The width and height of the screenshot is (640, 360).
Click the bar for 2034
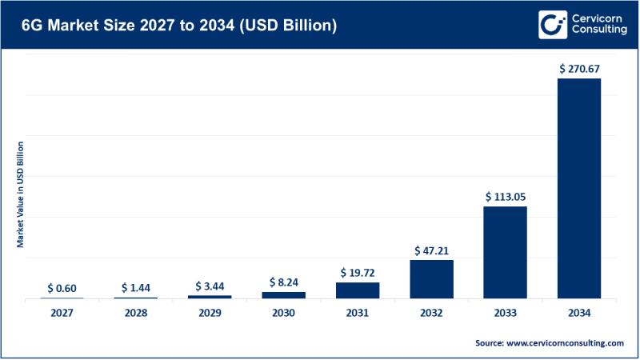(579, 188)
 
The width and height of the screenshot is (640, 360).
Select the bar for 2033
(505, 252)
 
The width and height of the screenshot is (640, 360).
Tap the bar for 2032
(431, 278)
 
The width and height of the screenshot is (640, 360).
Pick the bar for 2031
(358, 290)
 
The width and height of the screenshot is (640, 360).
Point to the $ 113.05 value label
(505, 196)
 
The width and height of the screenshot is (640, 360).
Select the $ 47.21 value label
(431, 250)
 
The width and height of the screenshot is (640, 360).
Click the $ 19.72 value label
(358, 272)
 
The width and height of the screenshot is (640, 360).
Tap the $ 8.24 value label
(283, 282)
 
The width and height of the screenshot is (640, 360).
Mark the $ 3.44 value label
(210, 286)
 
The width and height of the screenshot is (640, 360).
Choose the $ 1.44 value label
(136, 286)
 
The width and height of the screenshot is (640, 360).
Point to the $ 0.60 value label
(62, 287)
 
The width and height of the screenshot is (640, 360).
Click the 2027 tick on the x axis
(62, 313)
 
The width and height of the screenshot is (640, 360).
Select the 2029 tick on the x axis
(210, 313)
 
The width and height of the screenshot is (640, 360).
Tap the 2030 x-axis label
(283, 313)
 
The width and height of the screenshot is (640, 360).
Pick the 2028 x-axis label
(136, 313)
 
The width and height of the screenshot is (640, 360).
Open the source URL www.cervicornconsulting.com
(565, 342)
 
